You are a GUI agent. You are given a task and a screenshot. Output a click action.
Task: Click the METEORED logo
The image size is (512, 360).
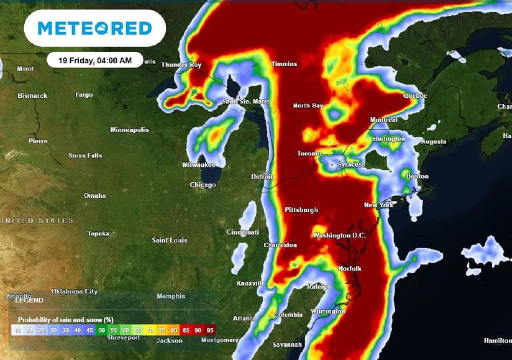pos(94,28)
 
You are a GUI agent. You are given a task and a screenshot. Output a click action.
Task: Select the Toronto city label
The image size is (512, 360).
pos(310,154)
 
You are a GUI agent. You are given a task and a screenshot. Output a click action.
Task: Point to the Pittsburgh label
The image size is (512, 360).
pos(301,210)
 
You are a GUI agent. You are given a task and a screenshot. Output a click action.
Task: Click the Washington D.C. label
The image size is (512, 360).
pos(341,235)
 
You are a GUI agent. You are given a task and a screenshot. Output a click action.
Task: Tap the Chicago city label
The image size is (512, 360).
pos(203,185)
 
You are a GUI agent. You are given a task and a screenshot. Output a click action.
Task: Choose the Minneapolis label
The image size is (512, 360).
pos(129,129)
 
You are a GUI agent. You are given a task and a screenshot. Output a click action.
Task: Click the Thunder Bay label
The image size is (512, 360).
pos(182,65)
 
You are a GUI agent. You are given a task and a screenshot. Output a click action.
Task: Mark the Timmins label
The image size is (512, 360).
pos(284,64)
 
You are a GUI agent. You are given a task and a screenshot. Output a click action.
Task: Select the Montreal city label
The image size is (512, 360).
pos(383,120)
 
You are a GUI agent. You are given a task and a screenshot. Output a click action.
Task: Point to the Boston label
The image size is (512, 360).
pos(417,176)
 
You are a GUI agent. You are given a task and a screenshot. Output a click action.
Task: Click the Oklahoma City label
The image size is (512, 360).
pos(74,291)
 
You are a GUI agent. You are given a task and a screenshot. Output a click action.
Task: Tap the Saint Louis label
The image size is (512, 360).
pos(169,240)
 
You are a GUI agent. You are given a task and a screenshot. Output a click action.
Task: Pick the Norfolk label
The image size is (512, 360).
pos(350,269)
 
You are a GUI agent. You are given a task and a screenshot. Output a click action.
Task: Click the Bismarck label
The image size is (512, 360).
pos(33,95)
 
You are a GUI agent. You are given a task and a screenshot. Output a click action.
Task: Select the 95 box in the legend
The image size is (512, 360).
pos(210,330)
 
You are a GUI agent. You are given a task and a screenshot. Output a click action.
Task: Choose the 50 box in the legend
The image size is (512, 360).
pos(101,330)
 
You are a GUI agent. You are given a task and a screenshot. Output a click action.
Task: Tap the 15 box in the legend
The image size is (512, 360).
pos(17,330)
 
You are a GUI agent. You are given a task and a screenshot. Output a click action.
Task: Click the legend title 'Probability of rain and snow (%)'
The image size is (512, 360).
pos(65,319)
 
